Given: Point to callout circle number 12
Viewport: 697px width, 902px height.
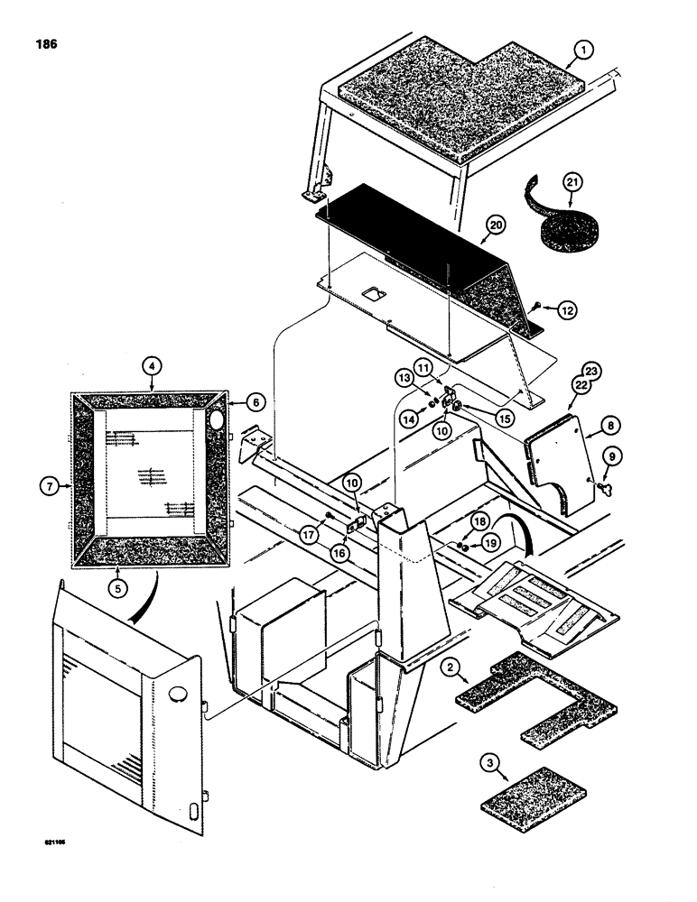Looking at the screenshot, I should tap(563, 310).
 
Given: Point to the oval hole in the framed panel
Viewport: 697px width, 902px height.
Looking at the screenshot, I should tap(216, 419).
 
